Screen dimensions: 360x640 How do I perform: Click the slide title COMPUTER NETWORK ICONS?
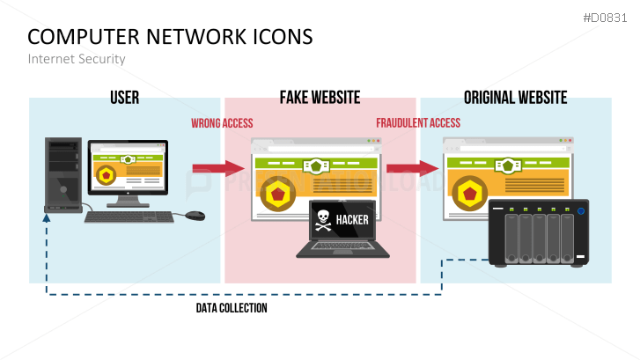click(170, 36)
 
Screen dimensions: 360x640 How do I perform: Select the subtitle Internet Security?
click(77, 59)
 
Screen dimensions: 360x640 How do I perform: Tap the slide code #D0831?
click(607, 17)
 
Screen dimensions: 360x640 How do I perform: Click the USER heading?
click(124, 97)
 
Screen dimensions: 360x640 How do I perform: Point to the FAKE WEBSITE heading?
click(320, 97)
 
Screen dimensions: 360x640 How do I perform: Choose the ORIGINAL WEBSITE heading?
click(515, 97)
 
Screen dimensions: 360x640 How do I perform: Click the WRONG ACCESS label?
click(222, 123)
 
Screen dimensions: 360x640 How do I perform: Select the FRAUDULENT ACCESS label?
click(417, 123)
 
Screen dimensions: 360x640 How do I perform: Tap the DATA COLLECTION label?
click(231, 308)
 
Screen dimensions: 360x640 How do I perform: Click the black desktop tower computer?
click(63, 174)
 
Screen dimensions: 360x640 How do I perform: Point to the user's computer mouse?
click(195, 215)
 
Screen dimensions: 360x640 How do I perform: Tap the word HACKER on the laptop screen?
click(352, 219)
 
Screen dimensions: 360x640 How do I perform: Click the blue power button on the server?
click(580, 210)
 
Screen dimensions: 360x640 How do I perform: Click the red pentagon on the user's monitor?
click(107, 176)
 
